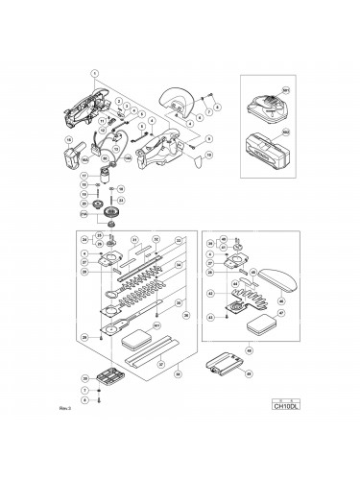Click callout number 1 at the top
coord(95,71)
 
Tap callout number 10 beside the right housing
coord(208,153)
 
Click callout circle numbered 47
coord(281,313)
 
